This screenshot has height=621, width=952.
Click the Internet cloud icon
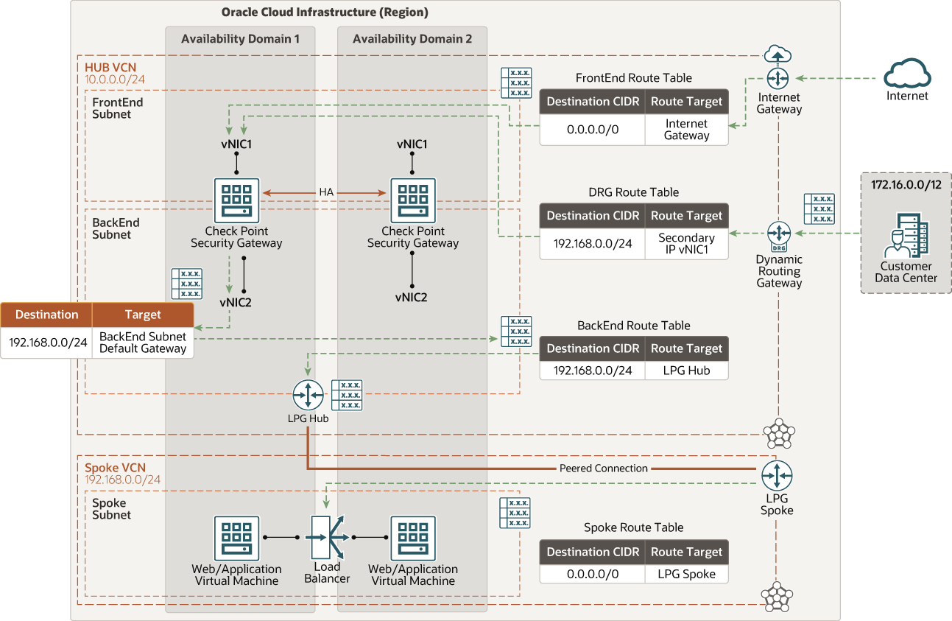tap(907, 74)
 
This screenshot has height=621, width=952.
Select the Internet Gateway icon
tap(778, 78)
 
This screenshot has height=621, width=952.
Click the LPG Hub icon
tap(307, 396)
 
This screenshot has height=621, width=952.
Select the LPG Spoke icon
tap(777, 476)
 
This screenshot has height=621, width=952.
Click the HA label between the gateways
tap(326, 192)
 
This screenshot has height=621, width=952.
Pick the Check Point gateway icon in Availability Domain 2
tap(412, 200)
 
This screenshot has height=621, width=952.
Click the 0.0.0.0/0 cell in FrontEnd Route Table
tap(592, 130)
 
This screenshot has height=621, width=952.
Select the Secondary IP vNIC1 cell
tap(686, 244)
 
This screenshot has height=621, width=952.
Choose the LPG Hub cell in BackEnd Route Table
tap(686, 371)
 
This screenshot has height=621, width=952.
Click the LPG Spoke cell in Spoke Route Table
tap(686, 574)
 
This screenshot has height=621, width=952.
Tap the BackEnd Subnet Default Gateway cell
tap(143, 343)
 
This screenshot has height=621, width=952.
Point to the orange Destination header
tap(46, 315)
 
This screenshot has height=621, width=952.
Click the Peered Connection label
tap(603, 469)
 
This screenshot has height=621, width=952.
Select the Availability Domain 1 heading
tap(240, 39)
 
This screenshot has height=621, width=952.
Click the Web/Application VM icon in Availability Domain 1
tap(236, 538)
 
